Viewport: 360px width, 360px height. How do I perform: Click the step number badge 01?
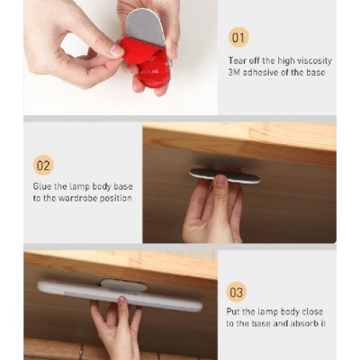click(238, 37)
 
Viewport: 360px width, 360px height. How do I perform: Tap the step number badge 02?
click(43, 165)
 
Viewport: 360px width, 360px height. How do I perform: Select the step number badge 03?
click(237, 292)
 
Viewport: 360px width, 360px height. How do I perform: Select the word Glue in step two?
click(41, 186)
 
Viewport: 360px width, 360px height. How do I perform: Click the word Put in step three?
click(233, 311)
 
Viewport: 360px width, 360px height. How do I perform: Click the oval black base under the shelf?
click(225, 175)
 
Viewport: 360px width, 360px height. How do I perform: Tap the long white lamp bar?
click(120, 295)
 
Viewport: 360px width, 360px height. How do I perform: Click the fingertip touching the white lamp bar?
click(122, 301)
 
